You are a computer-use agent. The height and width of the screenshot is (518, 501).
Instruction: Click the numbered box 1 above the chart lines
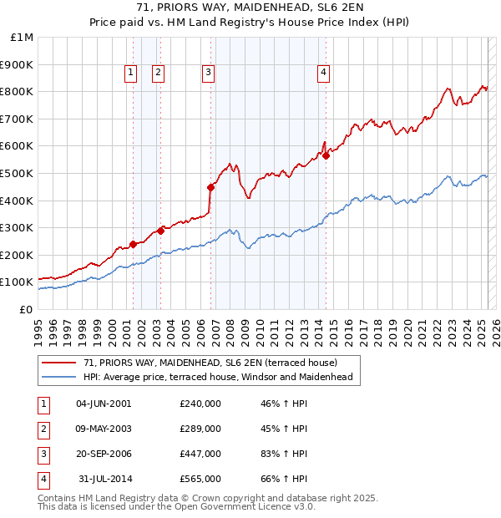pos(132,74)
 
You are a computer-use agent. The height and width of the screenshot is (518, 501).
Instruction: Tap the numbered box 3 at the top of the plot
pos(207,74)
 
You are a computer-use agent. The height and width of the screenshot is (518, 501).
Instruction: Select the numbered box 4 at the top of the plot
pos(322,74)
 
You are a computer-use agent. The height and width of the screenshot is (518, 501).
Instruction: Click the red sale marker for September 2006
pos(210,187)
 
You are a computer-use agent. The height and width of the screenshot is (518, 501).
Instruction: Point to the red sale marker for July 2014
pos(326,155)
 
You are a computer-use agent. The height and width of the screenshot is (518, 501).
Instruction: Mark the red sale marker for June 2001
pos(133,244)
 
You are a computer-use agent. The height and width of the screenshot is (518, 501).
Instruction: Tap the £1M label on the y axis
pos(22,37)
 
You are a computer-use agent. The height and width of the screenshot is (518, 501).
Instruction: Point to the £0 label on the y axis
pos(26,309)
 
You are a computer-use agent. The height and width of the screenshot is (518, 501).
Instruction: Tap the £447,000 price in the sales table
pos(200,454)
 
